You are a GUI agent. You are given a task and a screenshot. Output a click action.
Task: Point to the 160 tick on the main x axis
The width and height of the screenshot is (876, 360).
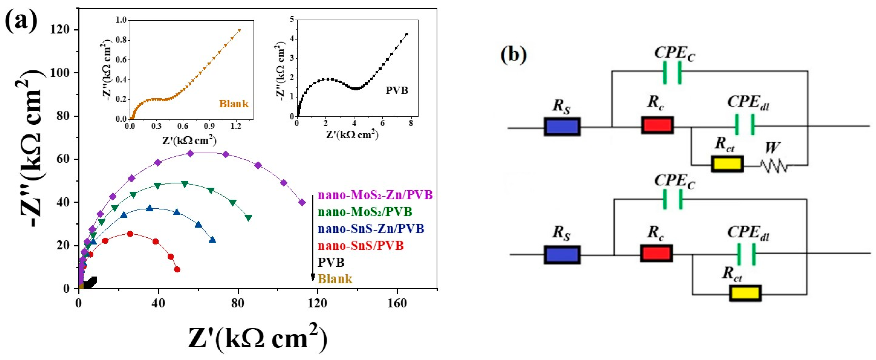coord(397,302)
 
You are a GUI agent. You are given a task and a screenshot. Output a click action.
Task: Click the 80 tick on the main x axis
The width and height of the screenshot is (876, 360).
coord(238,302)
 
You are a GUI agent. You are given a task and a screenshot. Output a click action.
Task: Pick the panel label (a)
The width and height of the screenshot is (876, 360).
coord(21,21)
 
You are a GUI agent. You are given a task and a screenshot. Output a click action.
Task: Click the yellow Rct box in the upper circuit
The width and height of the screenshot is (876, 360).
coord(727,164)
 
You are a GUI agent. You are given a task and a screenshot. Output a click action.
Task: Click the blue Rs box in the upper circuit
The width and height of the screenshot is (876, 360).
coord(562,127)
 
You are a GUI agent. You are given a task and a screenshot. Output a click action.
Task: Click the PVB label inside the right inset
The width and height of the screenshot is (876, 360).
coord(397,90)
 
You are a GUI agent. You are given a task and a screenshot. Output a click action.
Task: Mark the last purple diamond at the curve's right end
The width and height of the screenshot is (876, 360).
coord(302,203)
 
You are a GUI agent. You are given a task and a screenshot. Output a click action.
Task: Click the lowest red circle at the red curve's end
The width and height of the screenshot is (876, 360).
coord(177,270)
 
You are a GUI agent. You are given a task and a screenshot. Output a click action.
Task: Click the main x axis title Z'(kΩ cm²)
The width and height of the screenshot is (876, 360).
coord(258,339)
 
